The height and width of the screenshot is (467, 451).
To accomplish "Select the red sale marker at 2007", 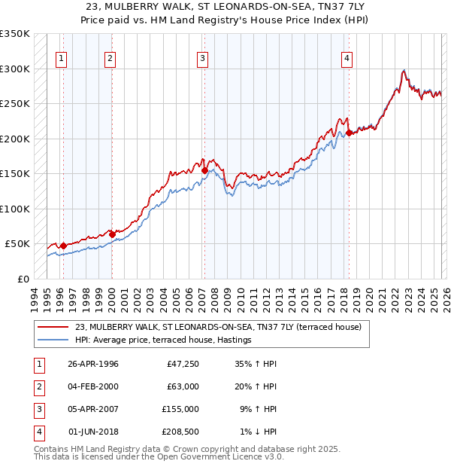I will (x=204, y=171).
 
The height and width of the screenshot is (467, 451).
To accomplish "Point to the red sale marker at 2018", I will (x=349, y=133).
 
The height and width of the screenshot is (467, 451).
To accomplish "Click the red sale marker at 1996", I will (x=63, y=246).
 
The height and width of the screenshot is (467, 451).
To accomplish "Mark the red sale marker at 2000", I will (x=112, y=234).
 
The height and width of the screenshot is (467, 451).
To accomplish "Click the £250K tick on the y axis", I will (x=15, y=104).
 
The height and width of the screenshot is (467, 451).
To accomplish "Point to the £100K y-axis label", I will (x=15, y=209).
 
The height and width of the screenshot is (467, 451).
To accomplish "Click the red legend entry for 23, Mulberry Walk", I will (x=218, y=327).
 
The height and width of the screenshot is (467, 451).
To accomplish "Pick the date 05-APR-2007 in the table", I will (x=93, y=409).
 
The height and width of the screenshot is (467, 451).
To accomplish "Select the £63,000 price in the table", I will (x=181, y=386).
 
